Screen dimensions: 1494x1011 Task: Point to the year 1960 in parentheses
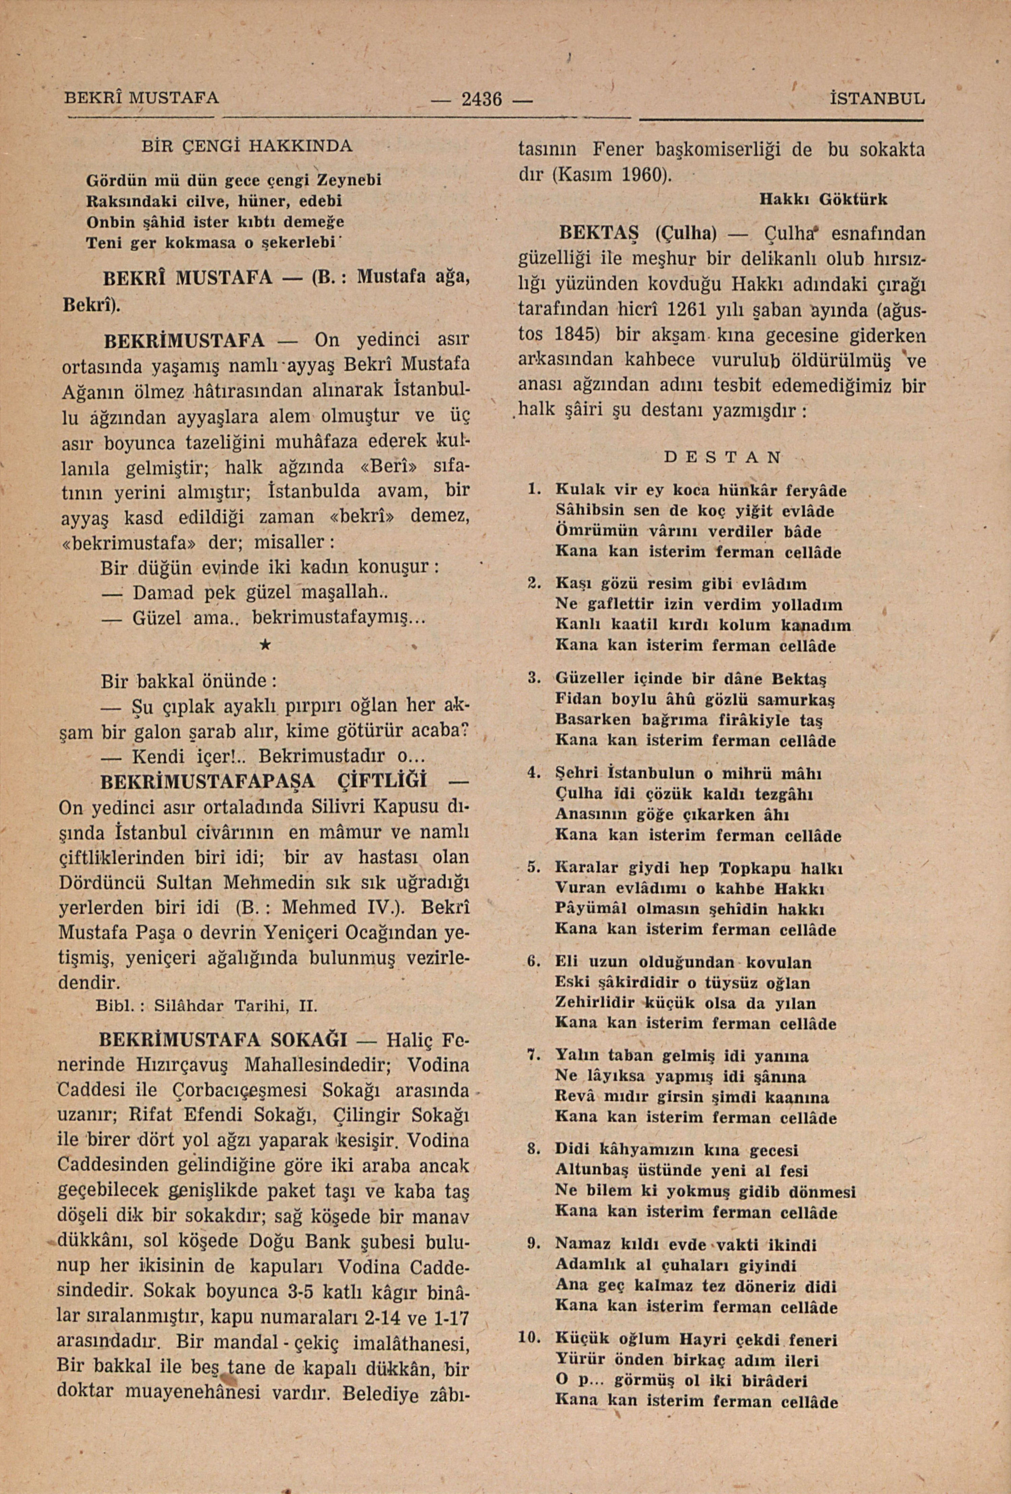644,174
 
